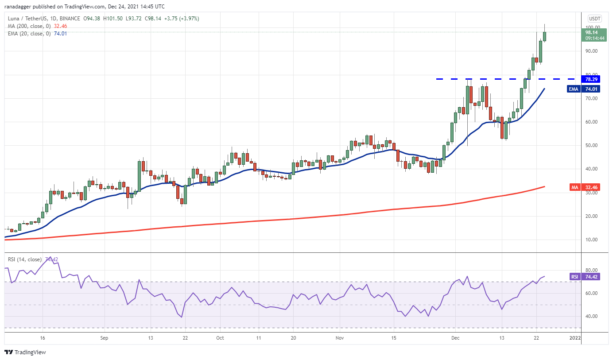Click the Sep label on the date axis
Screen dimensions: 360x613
tap(104, 337)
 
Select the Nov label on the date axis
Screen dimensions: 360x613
tap(339, 337)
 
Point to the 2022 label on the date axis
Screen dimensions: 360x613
tap(574, 337)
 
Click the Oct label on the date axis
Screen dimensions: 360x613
tap(220, 337)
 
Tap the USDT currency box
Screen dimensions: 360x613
tap(594, 19)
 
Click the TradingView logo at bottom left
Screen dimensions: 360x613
tap(25, 352)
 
